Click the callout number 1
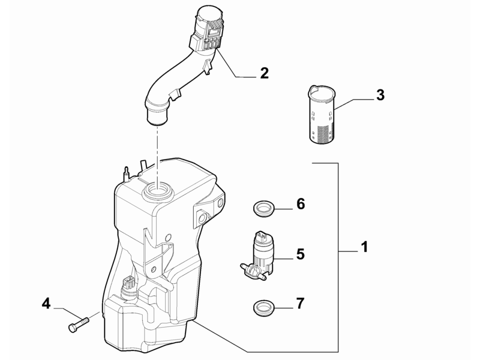[x=364, y=247]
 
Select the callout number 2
[x=264, y=73]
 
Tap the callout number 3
[x=380, y=95]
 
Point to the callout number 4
[x=46, y=304]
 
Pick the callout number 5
[x=301, y=254]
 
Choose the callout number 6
[x=301, y=204]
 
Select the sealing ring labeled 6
[x=263, y=209]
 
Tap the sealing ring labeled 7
[x=263, y=308]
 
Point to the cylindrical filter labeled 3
[x=322, y=114]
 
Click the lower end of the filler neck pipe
[x=158, y=116]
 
